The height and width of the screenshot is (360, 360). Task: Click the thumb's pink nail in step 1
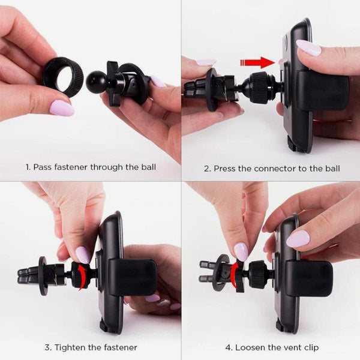(x=61, y=108)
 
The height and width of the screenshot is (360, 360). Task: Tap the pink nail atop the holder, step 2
(x=308, y=47)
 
